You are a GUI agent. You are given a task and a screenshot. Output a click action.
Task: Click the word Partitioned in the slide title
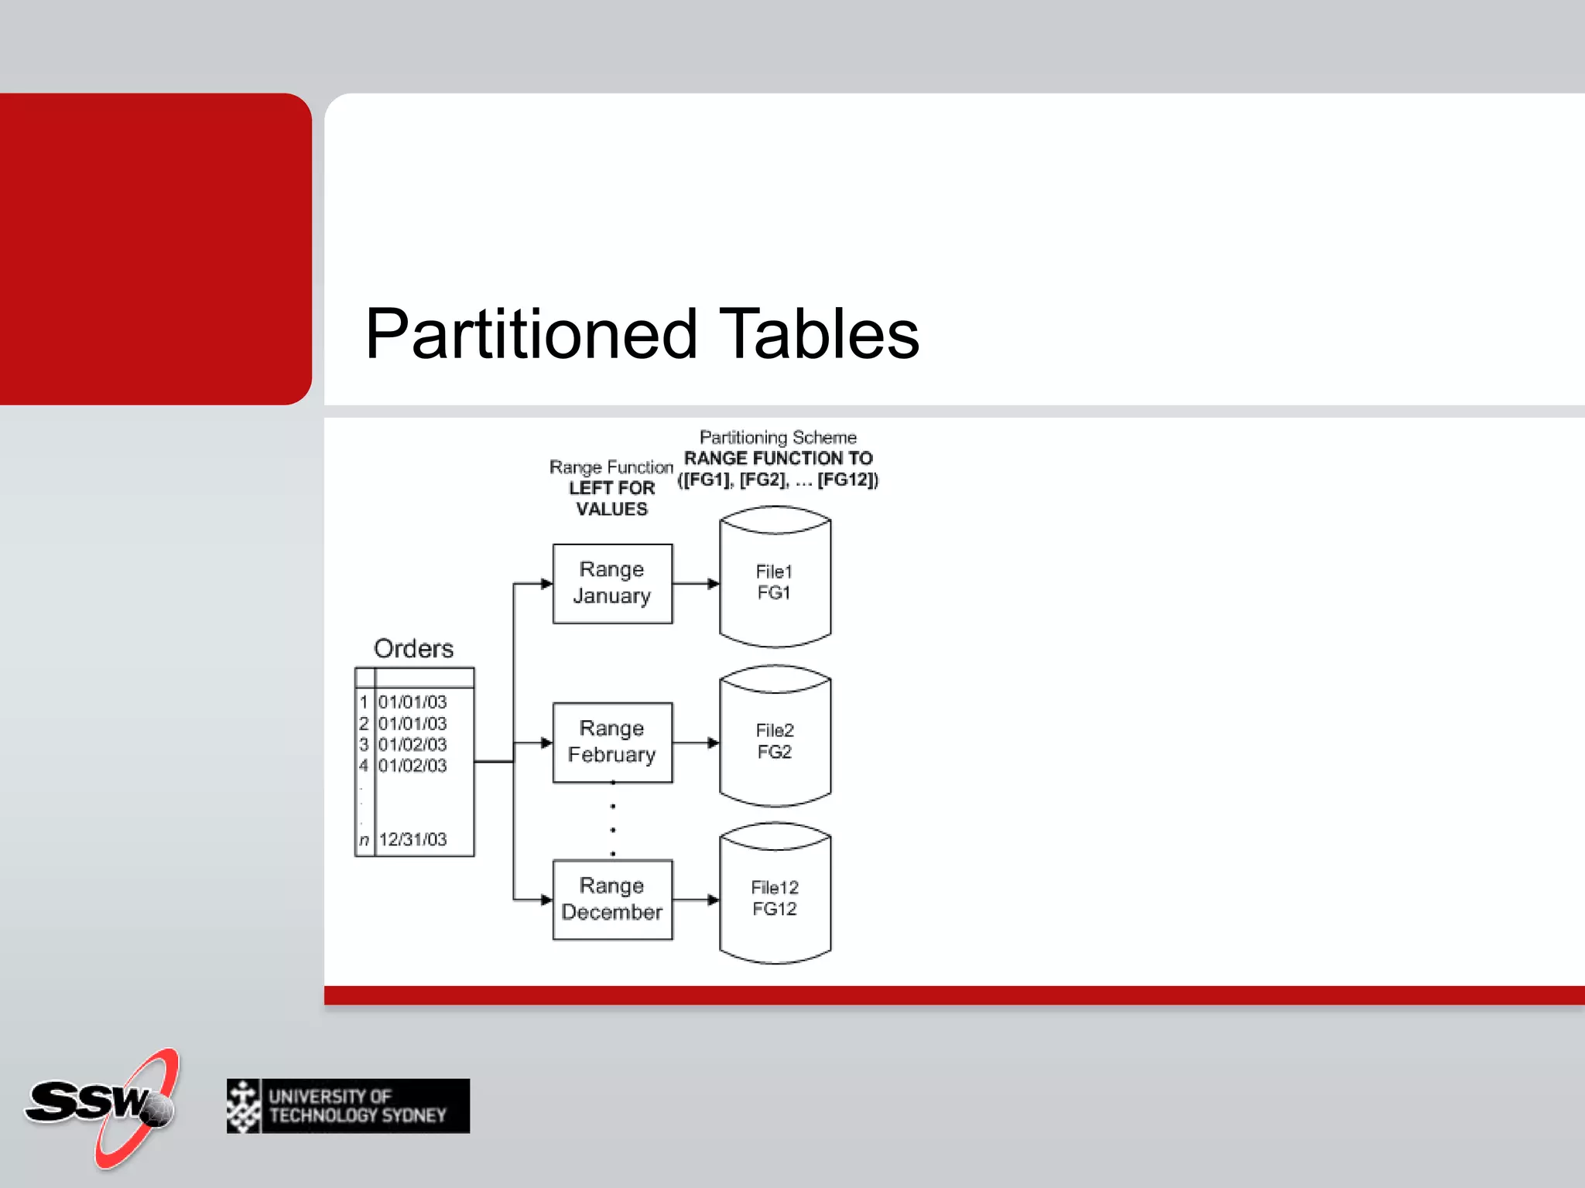[x=531, y=334]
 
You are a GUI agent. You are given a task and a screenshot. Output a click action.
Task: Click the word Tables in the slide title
[x=819, y=334]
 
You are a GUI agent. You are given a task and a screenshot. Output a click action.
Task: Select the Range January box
[x=612, y=583]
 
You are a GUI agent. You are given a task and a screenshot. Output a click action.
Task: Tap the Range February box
[x=612, y=742]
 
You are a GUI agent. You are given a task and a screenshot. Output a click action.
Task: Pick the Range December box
[x=612, y=900]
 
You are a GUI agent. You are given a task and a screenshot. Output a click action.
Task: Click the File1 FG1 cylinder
[x=775, y=582]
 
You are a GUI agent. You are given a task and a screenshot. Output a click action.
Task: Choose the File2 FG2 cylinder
[x=775, y=741]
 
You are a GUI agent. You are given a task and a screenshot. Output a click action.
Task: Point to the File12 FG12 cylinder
[x=775, y=898]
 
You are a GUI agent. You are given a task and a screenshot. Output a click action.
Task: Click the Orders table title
[x=413, y=648]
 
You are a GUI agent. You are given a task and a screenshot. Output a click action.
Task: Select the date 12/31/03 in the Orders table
[x=413, y=839]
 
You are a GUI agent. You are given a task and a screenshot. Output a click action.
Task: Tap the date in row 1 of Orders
[x=413, y=702]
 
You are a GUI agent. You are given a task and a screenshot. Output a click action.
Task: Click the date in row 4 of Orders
[x=413, y=766]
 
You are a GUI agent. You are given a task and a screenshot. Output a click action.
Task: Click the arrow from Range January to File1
[x=696, y=583]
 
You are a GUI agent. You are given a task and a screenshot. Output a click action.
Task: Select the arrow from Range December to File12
[x=696, y=900]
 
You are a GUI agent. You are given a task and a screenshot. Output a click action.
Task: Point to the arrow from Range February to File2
[x=696, y=742]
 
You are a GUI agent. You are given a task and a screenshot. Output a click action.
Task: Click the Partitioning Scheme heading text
[x=778, y=438]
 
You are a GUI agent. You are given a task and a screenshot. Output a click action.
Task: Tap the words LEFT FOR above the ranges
[x=611, y=488]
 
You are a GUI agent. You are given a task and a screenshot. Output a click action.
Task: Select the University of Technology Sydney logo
[x=348, y=1106]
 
